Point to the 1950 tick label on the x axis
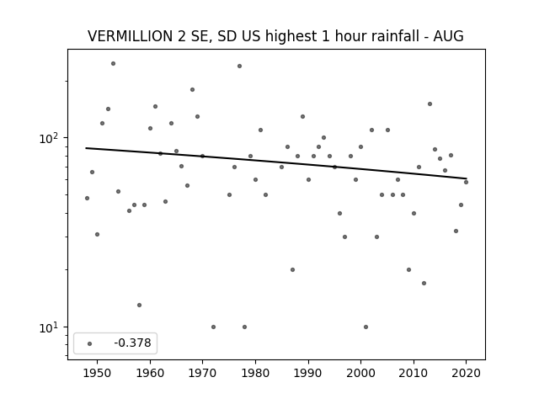point(98,373)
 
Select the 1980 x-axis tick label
point(255,373)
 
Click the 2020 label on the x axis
point(466,373)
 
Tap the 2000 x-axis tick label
point(360,373)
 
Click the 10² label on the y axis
point(48,138)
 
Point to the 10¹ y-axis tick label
point(48,327)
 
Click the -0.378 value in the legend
point(132,343)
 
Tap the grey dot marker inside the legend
point(90,343)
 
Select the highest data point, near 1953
point(113,64)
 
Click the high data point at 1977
point(239,66)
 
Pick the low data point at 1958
point(139,305)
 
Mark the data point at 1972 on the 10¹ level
point(213,327)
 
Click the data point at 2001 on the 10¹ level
point(366,327)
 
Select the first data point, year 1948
point(87,199)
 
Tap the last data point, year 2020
point(466,182)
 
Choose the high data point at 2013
point(430,104)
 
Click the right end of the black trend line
point(467,178)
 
